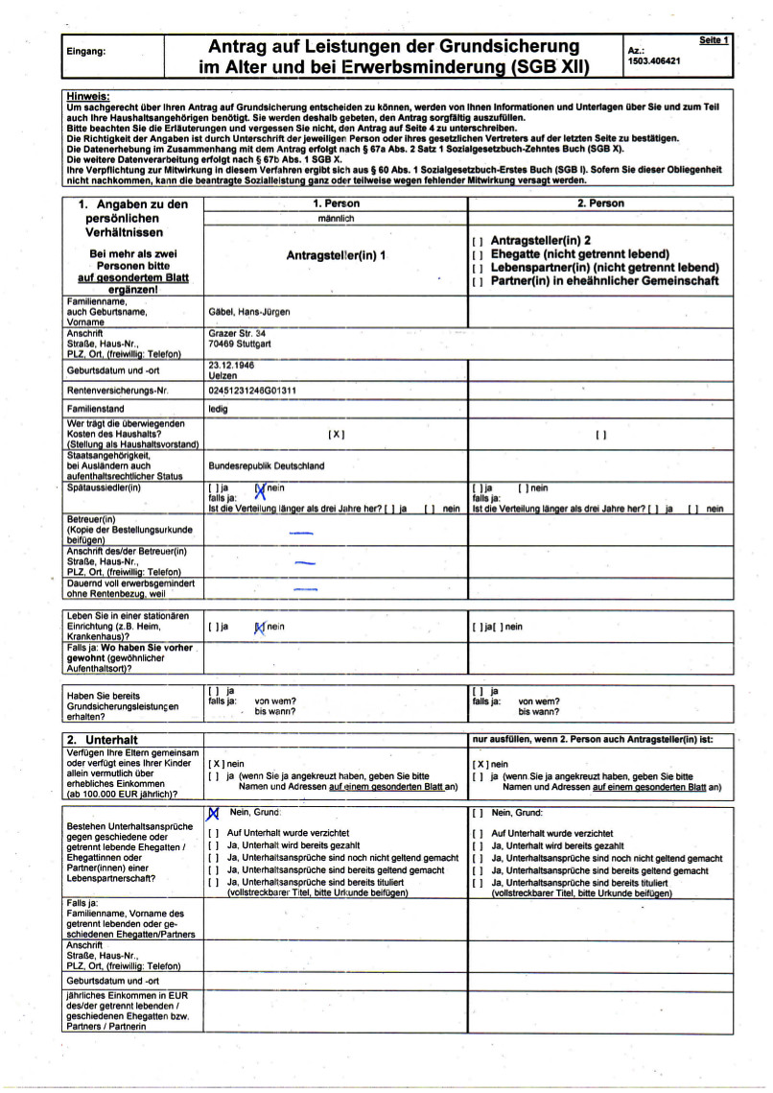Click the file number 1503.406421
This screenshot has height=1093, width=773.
[653, 59]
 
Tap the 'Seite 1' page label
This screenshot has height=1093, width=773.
[714, 40]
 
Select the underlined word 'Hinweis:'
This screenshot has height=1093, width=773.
[88, 97]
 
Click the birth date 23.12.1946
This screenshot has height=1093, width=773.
[231, 365]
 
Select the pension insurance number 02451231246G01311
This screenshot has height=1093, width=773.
[252, 391]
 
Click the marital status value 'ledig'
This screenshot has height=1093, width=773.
[220, 409]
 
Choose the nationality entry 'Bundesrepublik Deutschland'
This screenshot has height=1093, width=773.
[266, 465]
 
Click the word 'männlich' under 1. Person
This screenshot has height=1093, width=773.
[336, 219]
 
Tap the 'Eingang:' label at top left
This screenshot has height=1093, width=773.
[86, 52]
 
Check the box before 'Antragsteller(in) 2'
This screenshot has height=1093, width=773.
[477, 241]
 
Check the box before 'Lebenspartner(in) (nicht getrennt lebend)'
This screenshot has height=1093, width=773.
[477, 269]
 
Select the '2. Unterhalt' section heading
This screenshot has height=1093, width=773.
[103, 740]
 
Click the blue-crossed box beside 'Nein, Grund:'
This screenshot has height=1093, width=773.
[213, 813]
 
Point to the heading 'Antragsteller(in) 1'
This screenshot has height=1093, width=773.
[336, 255]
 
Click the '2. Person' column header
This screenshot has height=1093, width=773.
[600, 203]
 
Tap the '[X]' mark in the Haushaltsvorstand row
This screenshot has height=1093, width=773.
[336, 434]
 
